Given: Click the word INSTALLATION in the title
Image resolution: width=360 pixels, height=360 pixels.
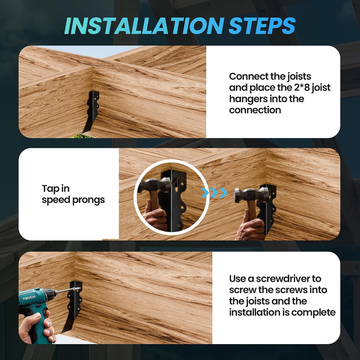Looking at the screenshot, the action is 144,26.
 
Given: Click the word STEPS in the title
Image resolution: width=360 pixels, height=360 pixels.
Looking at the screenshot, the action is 262,26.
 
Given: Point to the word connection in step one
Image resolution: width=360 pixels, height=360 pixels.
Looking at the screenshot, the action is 255,110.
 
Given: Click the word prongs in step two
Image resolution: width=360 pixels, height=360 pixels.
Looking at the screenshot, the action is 89,200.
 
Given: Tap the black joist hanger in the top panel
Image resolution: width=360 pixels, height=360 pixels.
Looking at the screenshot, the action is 91,111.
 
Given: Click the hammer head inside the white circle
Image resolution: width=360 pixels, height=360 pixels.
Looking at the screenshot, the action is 154,185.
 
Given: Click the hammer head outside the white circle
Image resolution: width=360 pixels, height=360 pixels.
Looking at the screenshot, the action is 251,195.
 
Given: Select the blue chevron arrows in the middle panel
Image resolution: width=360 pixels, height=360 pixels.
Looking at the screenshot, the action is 214,193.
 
